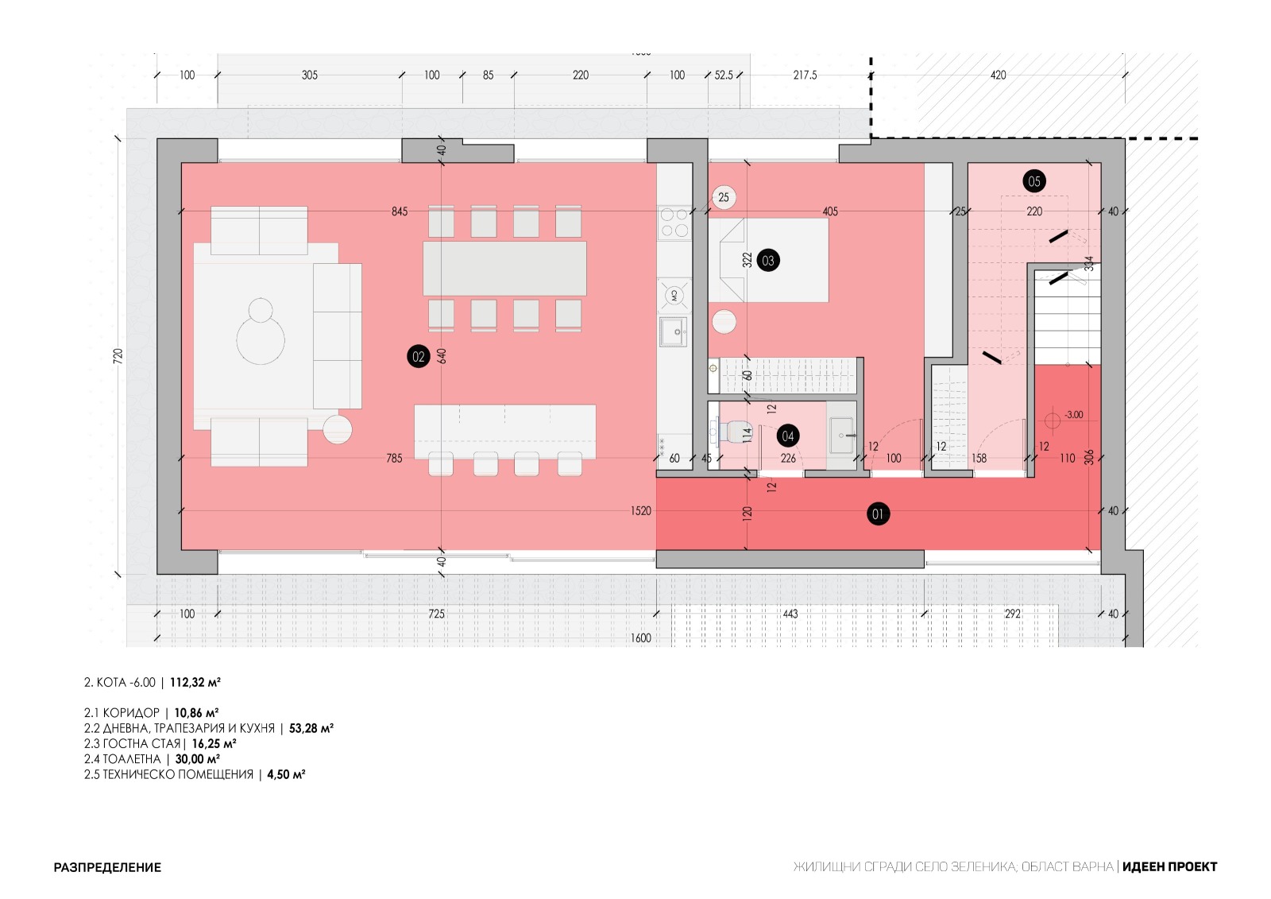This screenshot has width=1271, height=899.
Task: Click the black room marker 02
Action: (418, 357)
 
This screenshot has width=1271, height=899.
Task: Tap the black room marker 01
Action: (878, 514)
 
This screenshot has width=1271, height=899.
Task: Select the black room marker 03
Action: (767, 261)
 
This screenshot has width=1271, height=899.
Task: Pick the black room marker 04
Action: (787, 436)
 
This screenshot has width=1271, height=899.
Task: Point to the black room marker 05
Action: (1033, 181)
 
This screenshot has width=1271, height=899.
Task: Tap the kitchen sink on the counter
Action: (674, 332)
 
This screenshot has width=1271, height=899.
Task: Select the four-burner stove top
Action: (674, 223)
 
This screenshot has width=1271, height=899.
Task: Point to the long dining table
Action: (504, 269)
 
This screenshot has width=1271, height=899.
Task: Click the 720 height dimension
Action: (118, 356)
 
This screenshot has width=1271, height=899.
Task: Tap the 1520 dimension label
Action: (640, 510)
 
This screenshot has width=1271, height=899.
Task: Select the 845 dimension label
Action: (400, 211)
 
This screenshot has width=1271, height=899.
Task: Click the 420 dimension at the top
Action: (998, 75)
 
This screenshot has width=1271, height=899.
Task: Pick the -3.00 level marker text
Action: (1073, 415)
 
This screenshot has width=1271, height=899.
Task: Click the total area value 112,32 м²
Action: (195, 682)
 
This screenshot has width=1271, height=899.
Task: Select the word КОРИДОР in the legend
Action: (131, 713)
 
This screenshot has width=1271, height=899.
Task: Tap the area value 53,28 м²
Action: (311, 728)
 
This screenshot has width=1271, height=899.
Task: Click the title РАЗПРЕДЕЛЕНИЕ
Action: (107, 867)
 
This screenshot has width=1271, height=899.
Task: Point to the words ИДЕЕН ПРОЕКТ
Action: (1169, 866)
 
